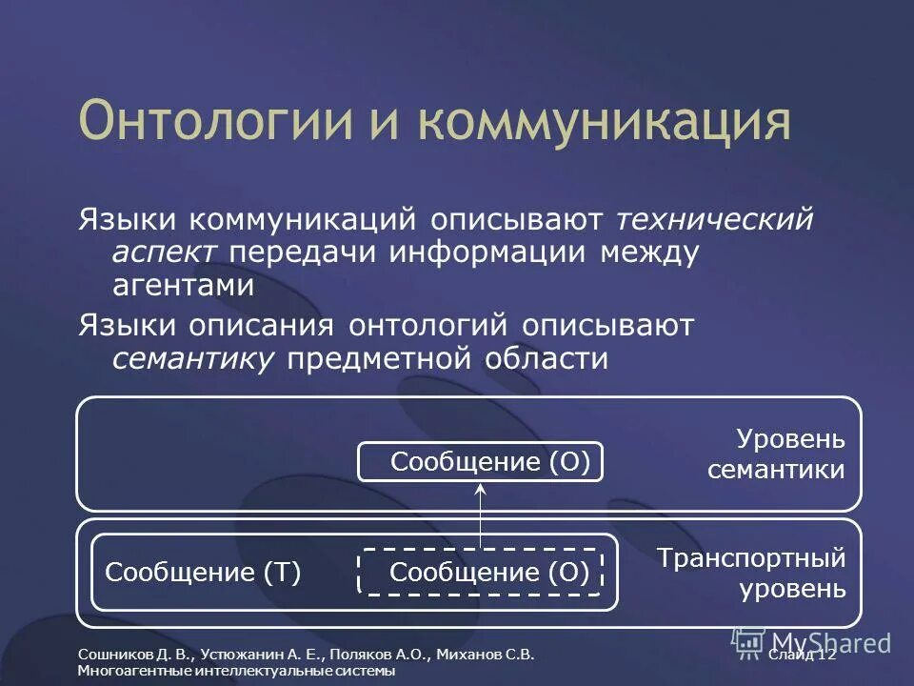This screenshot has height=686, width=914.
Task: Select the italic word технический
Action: click(714, 220)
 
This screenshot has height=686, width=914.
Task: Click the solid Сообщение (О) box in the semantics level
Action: click(481, 462)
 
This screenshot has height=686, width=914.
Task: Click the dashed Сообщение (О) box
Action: click(481, 572)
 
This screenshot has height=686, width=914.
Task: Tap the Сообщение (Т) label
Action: click(202, 572)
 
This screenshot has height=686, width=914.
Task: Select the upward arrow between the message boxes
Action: click(481, 514)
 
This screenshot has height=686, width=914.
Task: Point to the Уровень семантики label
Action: click(776, 454)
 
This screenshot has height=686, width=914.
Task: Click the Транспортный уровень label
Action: click(751, 572)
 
